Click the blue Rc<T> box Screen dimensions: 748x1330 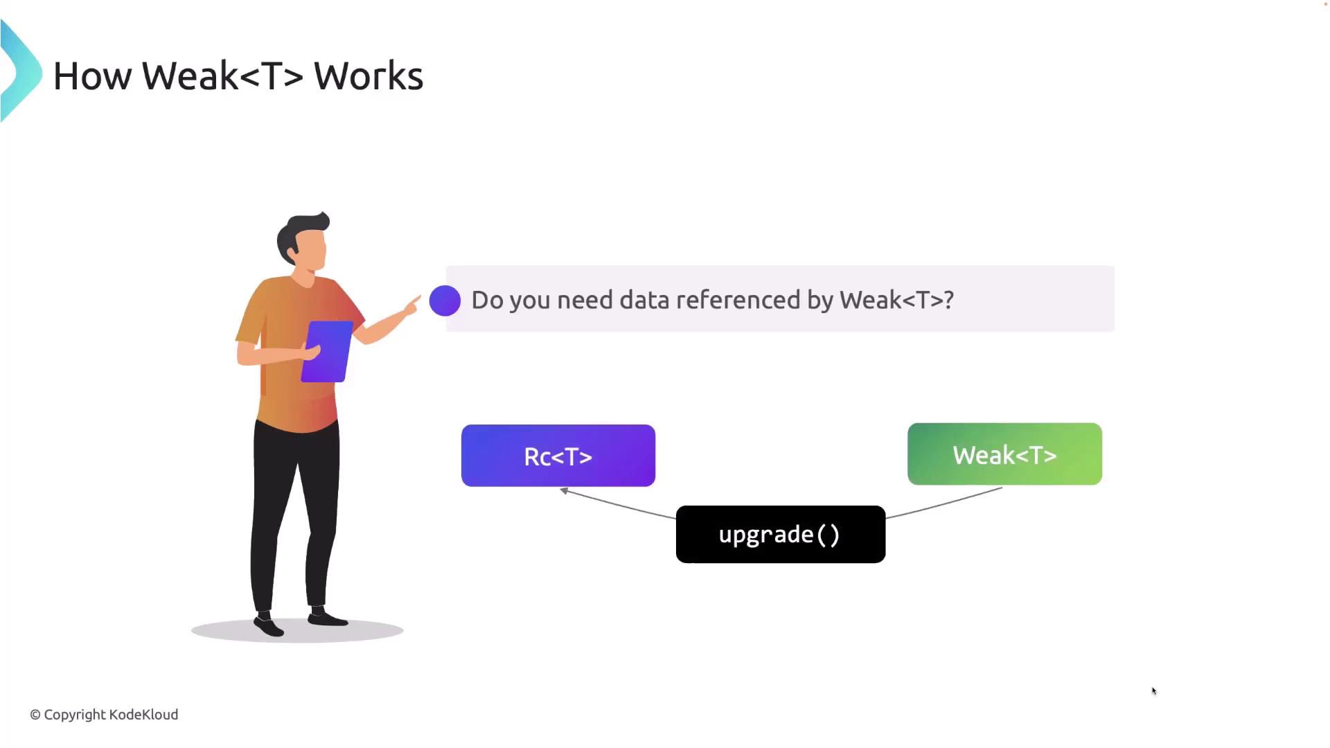[x=558, y=456]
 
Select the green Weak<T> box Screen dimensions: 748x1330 [x=1004, y=454]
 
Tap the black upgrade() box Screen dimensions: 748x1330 [x=780, y=534]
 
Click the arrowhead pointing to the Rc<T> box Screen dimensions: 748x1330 [x=565, y=491]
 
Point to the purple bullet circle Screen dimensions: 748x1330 [x=445, y=301]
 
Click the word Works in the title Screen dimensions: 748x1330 [x=368, y=75]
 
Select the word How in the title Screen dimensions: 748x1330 [x=92, y=75]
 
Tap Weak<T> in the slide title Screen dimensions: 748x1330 [x=222, y=75]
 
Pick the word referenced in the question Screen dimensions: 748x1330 [x=738, y=300]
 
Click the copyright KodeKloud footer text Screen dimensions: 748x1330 [x=104, y=714]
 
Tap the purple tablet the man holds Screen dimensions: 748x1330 [x=326, y=351]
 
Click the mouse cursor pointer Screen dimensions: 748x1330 [x=1154, y=691]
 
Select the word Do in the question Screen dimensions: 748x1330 [x=487, y=300]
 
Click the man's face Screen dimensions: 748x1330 [x=312, y=249]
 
